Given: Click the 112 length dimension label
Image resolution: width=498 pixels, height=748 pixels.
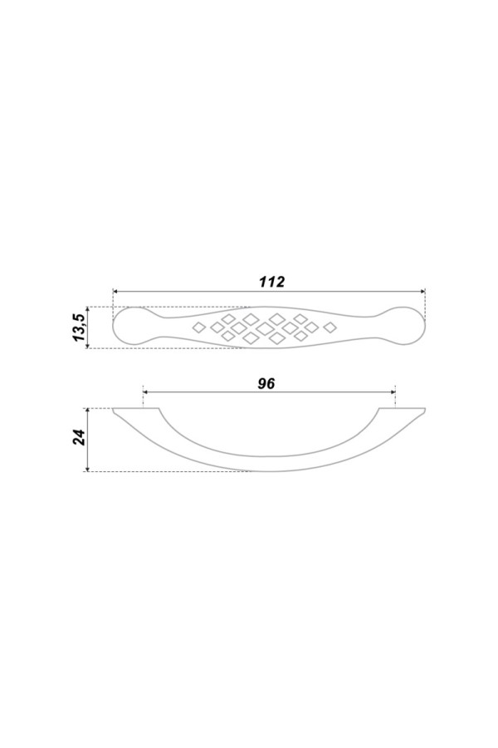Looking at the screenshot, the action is coord(271,282).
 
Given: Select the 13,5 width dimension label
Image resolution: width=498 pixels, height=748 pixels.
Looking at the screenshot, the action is coord(79,327).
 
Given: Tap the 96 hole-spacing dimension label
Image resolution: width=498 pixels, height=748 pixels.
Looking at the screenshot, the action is coord(266,383).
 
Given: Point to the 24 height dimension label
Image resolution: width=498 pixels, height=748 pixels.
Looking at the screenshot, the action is coord(79,437).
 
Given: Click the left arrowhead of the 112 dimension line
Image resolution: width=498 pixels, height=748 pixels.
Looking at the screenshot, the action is coord(115,291).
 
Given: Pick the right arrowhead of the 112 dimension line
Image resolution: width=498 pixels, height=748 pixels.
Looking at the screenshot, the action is coord(422,291).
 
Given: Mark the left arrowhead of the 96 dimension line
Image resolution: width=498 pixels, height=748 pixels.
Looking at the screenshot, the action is coord(146,392).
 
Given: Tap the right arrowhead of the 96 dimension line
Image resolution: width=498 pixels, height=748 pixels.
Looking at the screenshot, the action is coord(393,392).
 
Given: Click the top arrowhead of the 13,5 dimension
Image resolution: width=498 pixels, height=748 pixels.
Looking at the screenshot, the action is coord(87,310).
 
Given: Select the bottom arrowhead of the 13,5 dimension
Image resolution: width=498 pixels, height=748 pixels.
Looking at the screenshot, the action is coord(87,345).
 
